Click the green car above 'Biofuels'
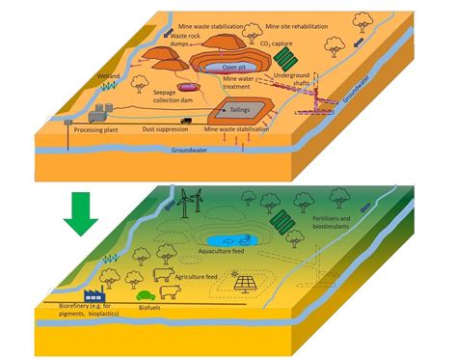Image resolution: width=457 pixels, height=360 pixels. (146, 295)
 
